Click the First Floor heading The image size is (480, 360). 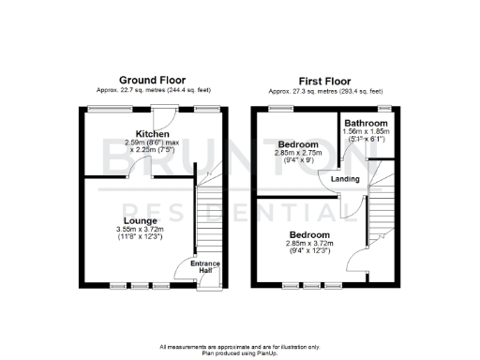329,80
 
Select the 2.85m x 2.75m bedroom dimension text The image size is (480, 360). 297,151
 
